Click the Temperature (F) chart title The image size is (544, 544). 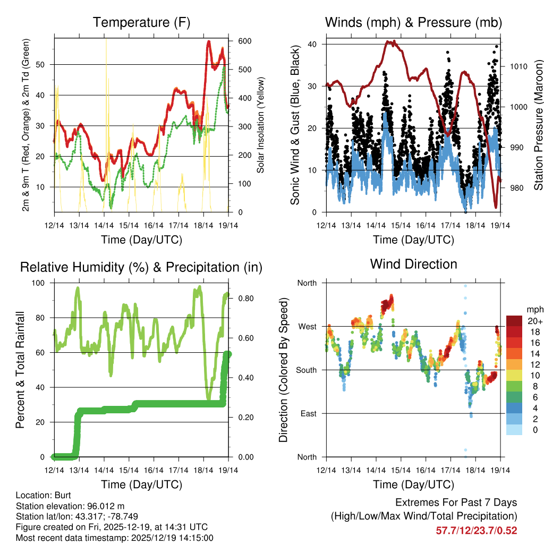(141, 22)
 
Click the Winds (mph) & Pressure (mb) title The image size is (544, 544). (413, 22)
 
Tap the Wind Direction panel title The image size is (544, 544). (413, 264)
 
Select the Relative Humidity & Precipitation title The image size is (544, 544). (141, 267)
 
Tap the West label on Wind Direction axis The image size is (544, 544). (307, 326)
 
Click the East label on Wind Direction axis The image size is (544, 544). (308, 413)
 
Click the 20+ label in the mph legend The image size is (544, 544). (534, 321)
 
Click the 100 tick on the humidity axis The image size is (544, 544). (42, 283)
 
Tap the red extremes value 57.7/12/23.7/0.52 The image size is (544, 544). (477, 531)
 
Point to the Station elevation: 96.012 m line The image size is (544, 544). (70, 506)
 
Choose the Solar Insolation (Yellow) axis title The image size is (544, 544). (261, 125)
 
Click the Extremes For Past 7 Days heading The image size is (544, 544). (456, 503)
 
